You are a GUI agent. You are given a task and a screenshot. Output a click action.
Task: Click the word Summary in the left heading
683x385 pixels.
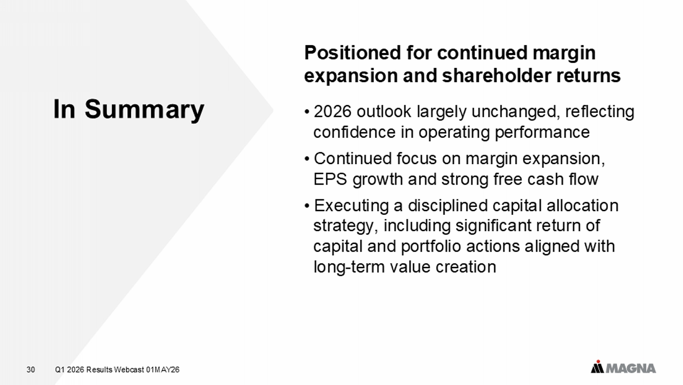tap(144, 110)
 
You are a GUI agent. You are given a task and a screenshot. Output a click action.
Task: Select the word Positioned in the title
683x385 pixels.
tap(352, 52)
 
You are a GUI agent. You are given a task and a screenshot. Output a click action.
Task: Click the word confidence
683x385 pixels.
tap(354, 132)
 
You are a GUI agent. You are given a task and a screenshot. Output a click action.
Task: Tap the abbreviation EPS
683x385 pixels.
tap(330, 179)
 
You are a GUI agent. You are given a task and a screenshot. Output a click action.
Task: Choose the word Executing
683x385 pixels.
tap(351, 206)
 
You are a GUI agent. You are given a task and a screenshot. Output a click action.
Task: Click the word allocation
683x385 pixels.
tap(582, 206)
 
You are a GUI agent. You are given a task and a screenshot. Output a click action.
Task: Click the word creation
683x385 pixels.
tap(466, 267)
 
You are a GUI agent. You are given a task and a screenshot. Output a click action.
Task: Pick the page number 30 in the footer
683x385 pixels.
tap(31, 370)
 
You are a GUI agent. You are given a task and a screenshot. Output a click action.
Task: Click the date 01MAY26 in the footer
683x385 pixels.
tap(163, 370)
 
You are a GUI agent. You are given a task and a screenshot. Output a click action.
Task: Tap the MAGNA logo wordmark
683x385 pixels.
tap(630, 369)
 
